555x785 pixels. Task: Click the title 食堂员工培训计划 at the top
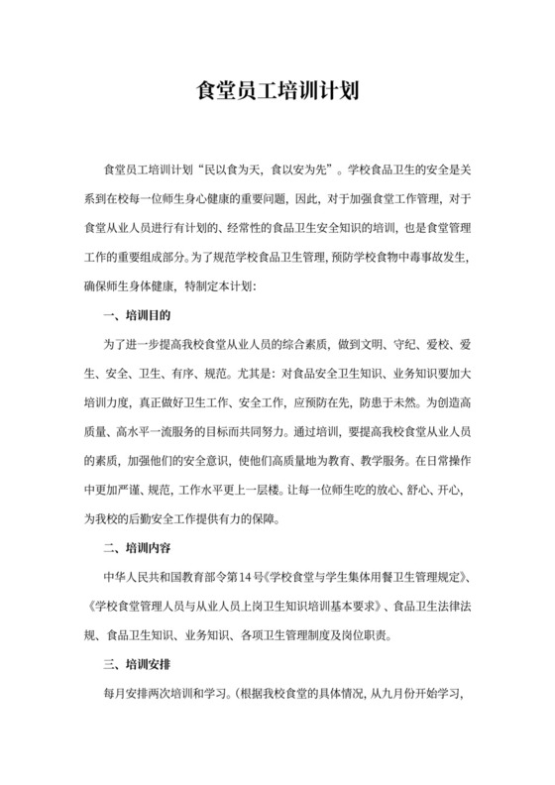[x=277, y=93]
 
